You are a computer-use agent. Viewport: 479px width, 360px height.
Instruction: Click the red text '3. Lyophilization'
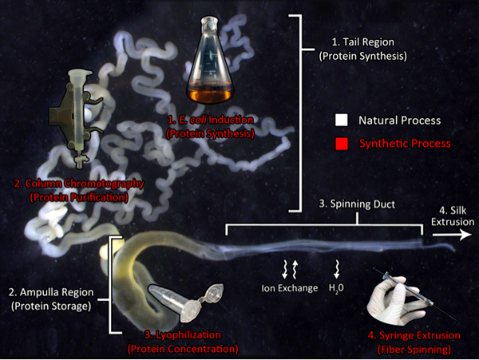click(184, 335)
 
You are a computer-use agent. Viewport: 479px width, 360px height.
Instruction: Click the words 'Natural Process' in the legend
click(400, 121)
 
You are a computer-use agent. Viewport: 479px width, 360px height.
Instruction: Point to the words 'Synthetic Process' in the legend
click(405, 143)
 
